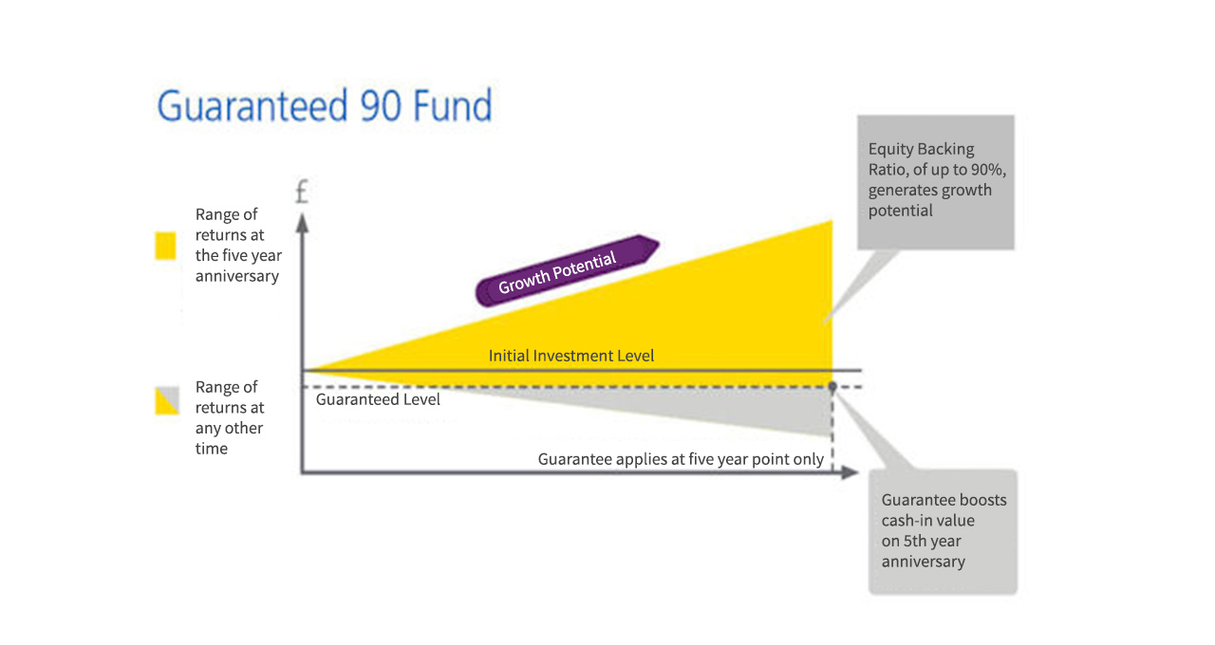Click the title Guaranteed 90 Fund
click(x=325, y=105)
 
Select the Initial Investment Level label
click(x=571, y=356)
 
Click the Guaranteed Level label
click(x=378, y=399)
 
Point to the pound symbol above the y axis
click(x=302, y=193)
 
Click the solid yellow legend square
click(x=166, y=247)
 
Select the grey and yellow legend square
click(x=166, y=401)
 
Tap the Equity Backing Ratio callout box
click(x=935, y=182)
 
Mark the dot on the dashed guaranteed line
click(x=832, y=387)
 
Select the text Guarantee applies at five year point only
click(x=681, y=459)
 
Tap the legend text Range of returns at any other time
click(x=229, y=417)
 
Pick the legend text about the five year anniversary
click(x=237, y=245)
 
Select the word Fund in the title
click(x=452, y=105)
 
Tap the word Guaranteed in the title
click(x=252, y=105)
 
